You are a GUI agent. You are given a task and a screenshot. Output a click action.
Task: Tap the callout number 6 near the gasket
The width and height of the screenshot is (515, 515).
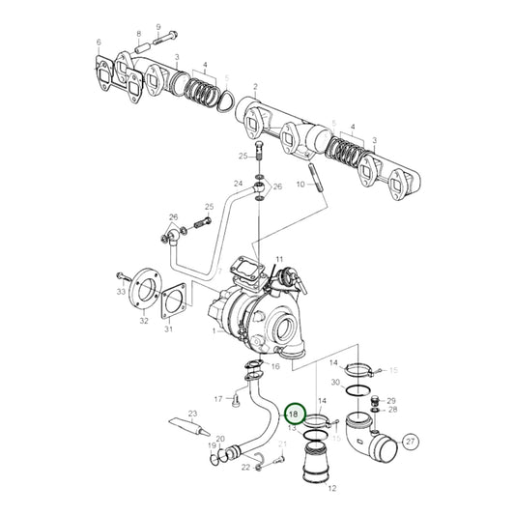(x=99, y=43)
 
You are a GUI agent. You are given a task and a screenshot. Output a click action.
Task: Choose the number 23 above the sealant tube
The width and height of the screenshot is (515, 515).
(x=192, y=415)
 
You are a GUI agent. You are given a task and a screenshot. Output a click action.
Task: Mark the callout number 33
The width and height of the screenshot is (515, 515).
(x=121, y=290)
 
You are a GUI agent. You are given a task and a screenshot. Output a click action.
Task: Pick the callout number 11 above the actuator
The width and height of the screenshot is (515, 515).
(x=278, y=260)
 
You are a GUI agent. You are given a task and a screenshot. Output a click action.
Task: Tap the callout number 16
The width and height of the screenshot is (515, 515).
(x=275, y=367)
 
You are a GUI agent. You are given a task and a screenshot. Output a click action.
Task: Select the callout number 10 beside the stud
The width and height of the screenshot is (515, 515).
(x=300, y=184)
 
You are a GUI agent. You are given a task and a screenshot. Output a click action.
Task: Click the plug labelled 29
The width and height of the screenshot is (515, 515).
(x=378, y=399)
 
